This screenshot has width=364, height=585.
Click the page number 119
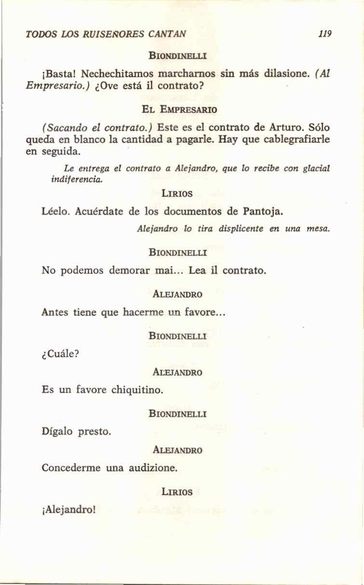pyautogui.click(x=325, y=35)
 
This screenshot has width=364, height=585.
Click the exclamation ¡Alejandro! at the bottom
pyautogui.click(x=68, y=509)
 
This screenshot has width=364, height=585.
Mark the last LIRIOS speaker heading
pyautogui.click(x=177, y=492)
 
